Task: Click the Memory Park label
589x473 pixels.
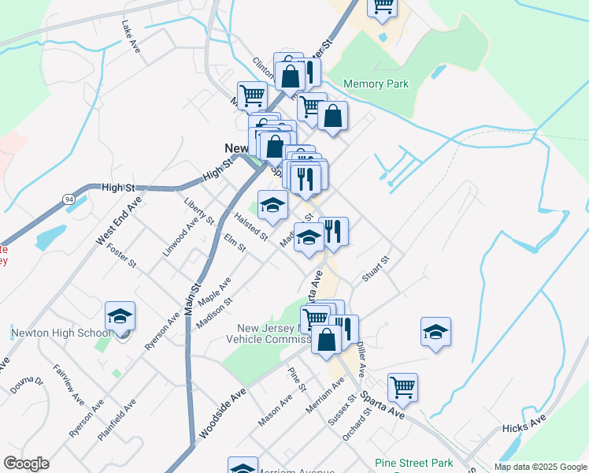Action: click(376, 84)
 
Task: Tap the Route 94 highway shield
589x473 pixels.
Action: click(70, 200)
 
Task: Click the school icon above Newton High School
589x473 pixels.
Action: click(120, 317)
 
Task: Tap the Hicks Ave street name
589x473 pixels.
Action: click(524, 426)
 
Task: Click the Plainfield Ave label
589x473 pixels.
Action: click(116, 416)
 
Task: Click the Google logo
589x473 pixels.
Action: click(26, 464)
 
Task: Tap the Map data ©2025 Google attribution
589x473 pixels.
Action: click(539, 467)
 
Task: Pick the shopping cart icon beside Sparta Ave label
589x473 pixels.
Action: click(402, 388)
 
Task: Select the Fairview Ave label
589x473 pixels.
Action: click(68, 384)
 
